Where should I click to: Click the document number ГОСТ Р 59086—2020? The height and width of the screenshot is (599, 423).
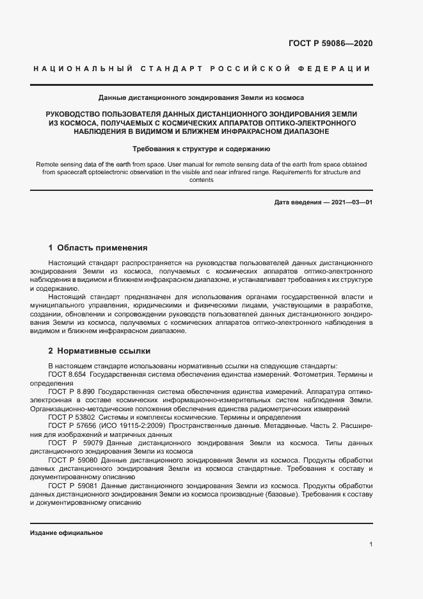click(331, 44)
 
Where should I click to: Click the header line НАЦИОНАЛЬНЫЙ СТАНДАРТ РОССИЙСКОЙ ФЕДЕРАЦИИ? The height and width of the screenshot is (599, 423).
click(201, 69)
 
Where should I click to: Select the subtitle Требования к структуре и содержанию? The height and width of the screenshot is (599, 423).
click(201, 149)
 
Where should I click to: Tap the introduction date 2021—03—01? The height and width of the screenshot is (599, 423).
click(351, 202)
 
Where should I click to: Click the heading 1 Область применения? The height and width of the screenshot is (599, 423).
click(98, 247)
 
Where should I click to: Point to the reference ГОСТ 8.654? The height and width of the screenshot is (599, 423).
click(67, 373)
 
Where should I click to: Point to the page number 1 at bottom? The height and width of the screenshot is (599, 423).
click(371, 545)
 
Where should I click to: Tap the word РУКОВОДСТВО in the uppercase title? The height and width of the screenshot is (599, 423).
click(73, 113)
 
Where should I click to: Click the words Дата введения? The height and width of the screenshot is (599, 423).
click(298, 202)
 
